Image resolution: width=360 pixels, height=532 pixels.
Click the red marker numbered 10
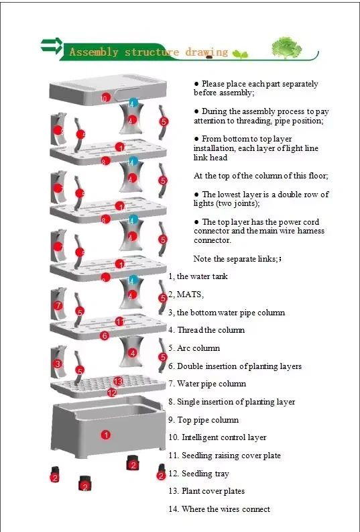(x=105, y=99)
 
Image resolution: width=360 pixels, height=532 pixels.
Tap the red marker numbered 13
(x=118, y=381)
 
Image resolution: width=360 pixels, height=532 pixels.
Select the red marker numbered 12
(x=112, y=392)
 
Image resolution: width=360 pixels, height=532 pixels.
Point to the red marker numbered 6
(x=105, y=335)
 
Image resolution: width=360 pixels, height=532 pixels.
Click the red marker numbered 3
(x=58, y=364)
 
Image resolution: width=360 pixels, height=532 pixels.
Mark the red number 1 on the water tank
(x=105, y=435)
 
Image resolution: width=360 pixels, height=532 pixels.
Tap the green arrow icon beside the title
(x=51, y=46)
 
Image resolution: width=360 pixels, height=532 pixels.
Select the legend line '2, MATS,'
(x=186, y=295)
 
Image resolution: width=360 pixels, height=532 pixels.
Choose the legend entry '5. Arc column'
(x=194, y=348)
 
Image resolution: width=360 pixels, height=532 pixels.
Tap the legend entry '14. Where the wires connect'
(x=219, y=509)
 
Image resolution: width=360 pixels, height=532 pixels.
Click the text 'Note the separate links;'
(x=237, y=259)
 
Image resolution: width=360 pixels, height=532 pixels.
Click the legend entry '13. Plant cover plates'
(x=206, y=491)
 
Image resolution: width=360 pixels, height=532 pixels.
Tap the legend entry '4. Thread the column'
(x=206, y=330)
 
